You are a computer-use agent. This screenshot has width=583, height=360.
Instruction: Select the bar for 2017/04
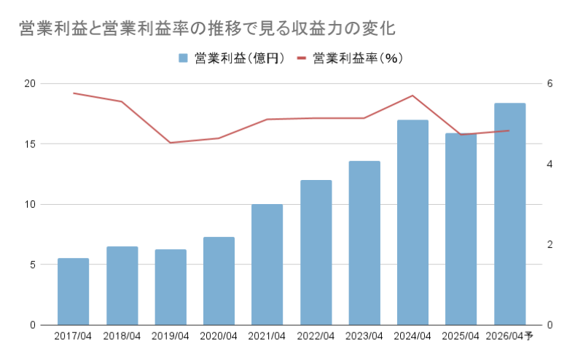coord(73,291)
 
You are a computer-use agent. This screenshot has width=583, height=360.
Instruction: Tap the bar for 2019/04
coord(171,287)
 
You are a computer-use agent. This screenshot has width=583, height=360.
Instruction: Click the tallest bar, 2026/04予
coord(509,214)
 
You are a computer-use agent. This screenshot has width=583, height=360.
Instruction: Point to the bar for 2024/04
coord(412,222)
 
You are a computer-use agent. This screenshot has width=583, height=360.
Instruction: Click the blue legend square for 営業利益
coord(183,58)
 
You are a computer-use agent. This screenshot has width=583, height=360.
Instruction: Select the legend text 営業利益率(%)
coord(358,58)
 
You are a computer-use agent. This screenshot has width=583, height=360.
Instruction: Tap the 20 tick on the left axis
coord(29,83)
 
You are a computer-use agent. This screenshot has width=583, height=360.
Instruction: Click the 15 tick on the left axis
coord(29,144)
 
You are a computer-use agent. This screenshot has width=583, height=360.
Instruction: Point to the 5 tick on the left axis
coord(33,265)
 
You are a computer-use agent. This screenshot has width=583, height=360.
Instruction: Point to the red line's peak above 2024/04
coord(412,95)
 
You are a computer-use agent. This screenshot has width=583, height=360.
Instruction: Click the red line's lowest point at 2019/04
coord(171,143)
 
